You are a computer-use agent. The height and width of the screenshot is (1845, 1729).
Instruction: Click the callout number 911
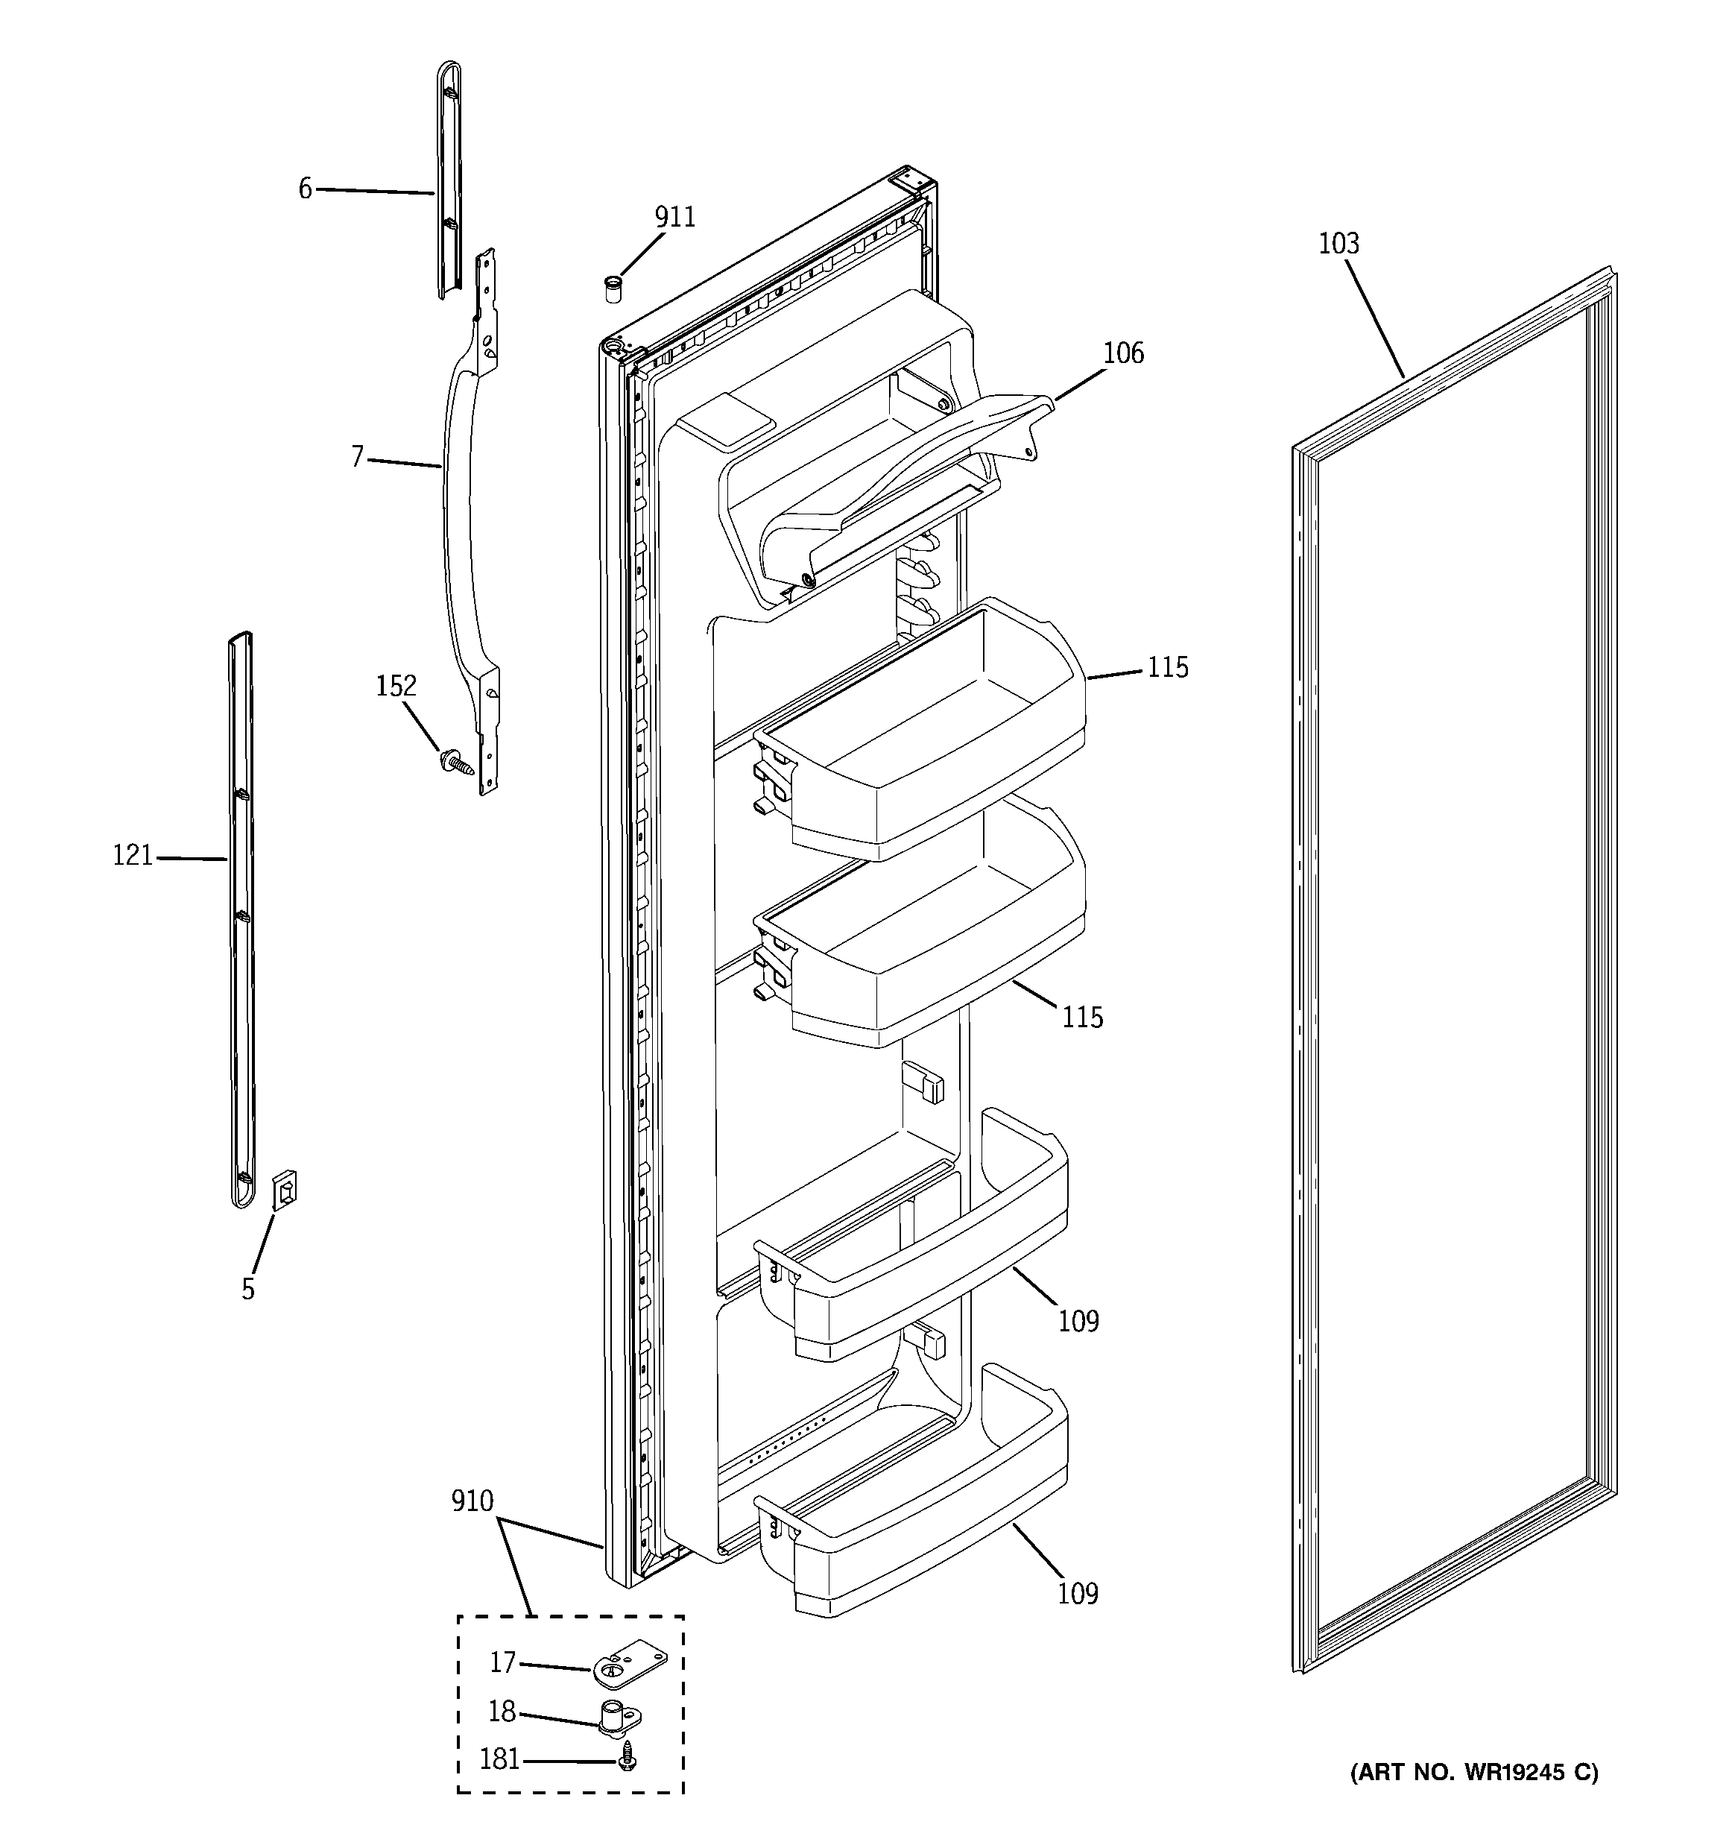pos(674,217)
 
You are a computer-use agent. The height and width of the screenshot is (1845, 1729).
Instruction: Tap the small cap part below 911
pos(613,288)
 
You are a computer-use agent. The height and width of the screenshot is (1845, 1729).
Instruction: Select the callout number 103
pos(1338,244)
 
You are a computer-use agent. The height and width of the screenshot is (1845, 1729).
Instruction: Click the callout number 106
pos(1123,353)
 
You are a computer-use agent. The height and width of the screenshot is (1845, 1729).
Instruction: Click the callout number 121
pos(132,856)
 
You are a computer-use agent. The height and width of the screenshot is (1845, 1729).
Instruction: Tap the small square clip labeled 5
pos(285,1190)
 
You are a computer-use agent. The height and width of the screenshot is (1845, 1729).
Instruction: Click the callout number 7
pos(357,458)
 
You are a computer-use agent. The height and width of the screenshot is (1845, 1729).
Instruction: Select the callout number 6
pos(306,189)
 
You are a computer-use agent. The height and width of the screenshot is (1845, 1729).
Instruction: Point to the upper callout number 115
pos(1168,668)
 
